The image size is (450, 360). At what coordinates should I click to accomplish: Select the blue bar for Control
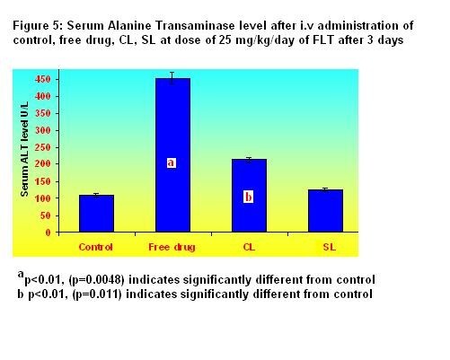(96, 214)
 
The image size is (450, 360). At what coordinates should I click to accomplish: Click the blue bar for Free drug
(172, 155)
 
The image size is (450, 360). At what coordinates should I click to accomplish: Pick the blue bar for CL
(249, 196)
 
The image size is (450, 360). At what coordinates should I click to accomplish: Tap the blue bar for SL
(325, 211)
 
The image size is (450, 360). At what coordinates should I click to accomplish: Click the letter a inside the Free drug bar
(171, 162)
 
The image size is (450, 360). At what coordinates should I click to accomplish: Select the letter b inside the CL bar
(248, 198)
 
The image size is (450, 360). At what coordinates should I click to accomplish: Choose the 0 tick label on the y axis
(49, 233)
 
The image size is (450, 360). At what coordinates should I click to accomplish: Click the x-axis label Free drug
(172, 247)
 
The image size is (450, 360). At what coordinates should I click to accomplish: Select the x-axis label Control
(95, 247)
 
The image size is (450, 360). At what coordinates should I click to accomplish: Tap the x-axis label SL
(330, 247)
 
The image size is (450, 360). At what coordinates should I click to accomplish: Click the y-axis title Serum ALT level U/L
(24, 149)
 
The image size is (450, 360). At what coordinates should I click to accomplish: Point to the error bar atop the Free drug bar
(172, 78)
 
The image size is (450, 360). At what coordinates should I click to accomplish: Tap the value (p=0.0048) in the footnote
(96, 280)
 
